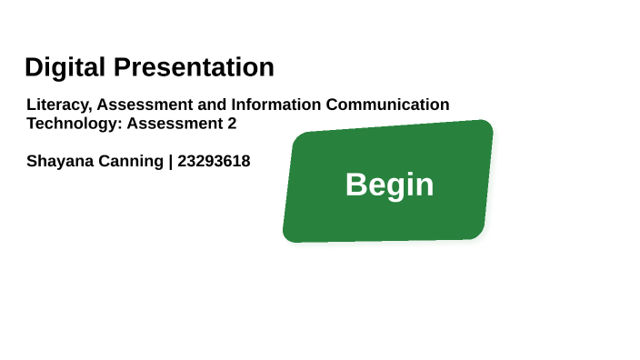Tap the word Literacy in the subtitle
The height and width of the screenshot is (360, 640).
point(56,105)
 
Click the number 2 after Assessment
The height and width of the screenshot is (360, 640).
point(232,124)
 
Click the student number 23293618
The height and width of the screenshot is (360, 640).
point(214,162)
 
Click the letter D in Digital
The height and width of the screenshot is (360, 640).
point(34,67)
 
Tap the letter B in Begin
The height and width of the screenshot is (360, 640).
point(355,185)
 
